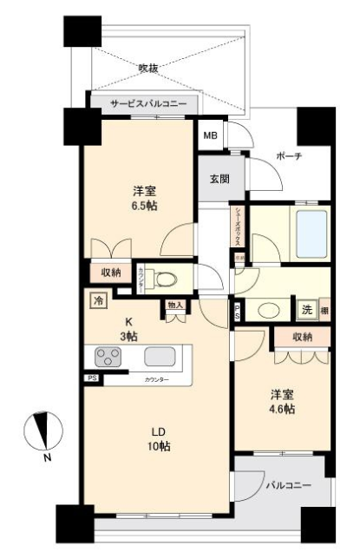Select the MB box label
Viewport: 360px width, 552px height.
(211, 136)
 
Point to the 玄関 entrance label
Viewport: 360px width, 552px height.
(219, 180)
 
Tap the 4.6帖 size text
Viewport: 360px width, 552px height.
(281, 405)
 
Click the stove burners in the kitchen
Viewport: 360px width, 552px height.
(108, 357)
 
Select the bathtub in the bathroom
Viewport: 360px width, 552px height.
(310, 230)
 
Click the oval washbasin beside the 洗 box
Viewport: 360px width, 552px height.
(269, 311)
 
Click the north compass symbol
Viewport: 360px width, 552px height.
(41, 433)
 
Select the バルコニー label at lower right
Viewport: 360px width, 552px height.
(286, 484)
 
